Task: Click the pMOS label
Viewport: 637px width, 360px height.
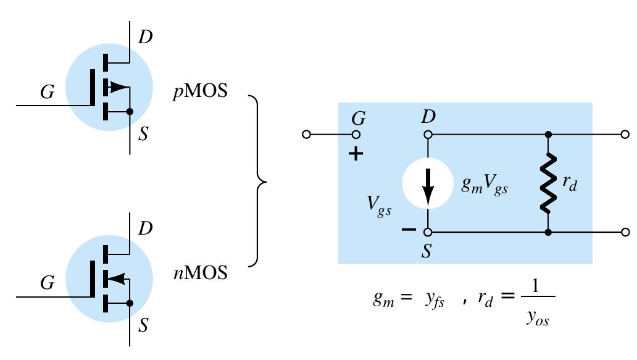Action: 200,92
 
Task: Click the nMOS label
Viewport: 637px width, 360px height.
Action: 200,272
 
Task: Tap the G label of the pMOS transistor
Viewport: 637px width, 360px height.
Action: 47,93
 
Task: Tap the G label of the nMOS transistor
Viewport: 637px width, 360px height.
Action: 47,283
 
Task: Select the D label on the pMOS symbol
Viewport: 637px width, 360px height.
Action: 144,37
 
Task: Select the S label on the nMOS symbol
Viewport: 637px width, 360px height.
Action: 143,325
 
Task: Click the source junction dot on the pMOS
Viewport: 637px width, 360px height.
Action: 130,112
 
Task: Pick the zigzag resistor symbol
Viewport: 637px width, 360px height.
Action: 547,183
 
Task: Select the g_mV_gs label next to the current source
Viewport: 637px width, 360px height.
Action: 485,186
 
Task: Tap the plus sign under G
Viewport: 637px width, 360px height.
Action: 356,154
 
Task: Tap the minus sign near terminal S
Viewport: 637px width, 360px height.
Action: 408,230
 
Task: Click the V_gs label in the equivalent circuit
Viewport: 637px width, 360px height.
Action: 379,207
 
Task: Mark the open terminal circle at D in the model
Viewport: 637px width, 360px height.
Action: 427,134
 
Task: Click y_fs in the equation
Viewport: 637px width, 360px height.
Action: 435,300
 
